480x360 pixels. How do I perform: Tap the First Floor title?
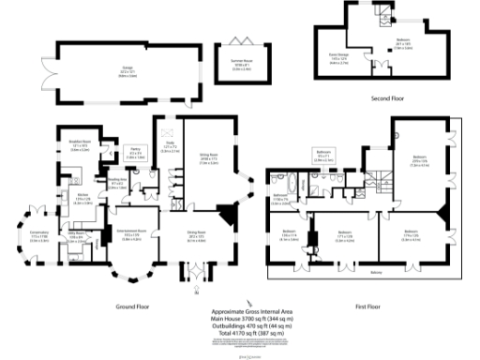coord(371,306)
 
